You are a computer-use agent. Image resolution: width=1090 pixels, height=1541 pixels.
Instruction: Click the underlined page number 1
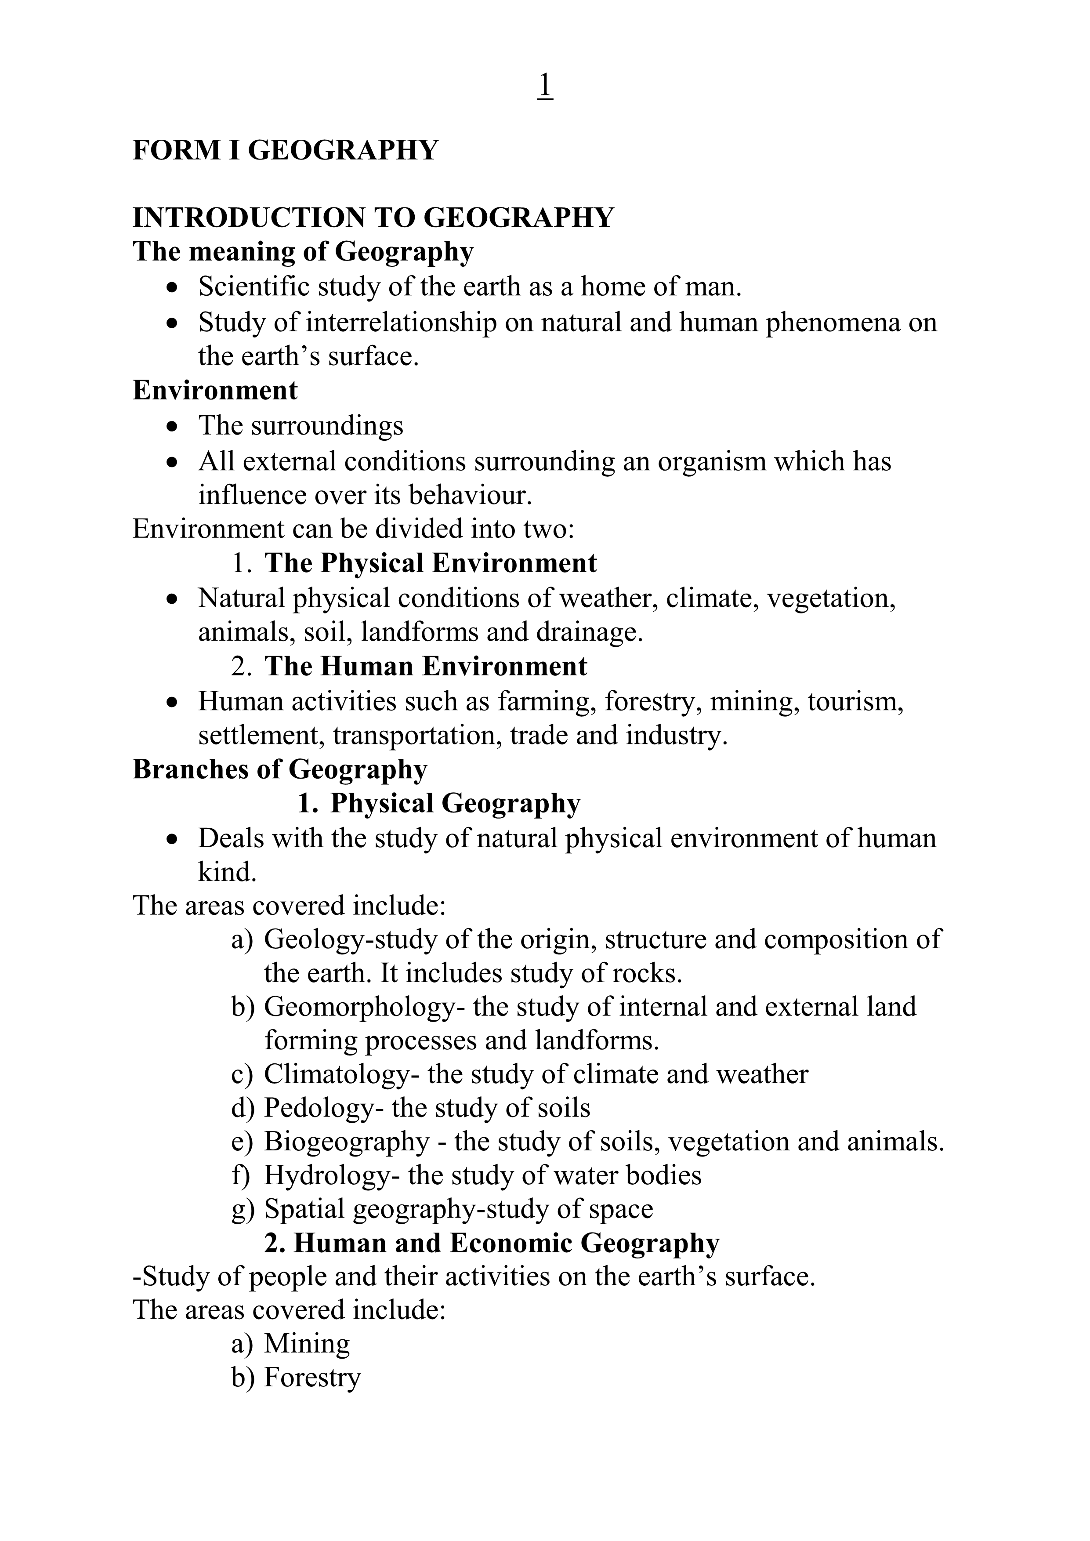(545, 86)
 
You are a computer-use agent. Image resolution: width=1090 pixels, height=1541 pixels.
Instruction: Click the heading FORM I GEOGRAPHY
(285, 150)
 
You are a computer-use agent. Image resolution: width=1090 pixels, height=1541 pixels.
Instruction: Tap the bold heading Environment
(215, 390)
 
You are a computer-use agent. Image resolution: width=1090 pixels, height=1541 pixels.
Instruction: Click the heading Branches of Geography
(280, 769)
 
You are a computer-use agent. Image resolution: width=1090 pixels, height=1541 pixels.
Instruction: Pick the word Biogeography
(346, 1142)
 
